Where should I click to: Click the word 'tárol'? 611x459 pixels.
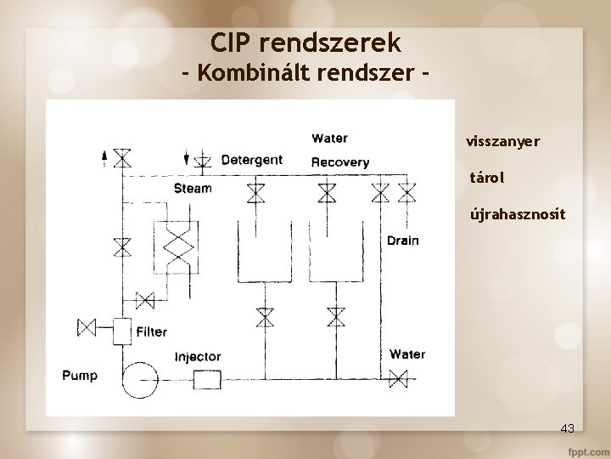[x=487, y=178]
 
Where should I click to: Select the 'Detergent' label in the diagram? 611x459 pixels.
[x=252, y=160]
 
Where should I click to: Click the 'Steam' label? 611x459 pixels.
[x=193, y=188]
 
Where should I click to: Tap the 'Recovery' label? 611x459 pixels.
[x=340, y=161]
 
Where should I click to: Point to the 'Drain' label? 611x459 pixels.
[x=402, y=241]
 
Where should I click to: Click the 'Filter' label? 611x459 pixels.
[x=152, y=331]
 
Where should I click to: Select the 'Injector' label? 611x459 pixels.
[x=198, y=357]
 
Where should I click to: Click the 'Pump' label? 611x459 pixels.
[x=80, y=375]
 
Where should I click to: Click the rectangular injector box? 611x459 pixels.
[x=206, y=379]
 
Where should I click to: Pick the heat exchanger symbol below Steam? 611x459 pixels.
[x=177, y=248]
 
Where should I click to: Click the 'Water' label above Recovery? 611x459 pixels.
[x=329, y=139]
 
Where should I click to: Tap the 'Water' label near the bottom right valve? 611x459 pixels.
[x=407, y=354]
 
